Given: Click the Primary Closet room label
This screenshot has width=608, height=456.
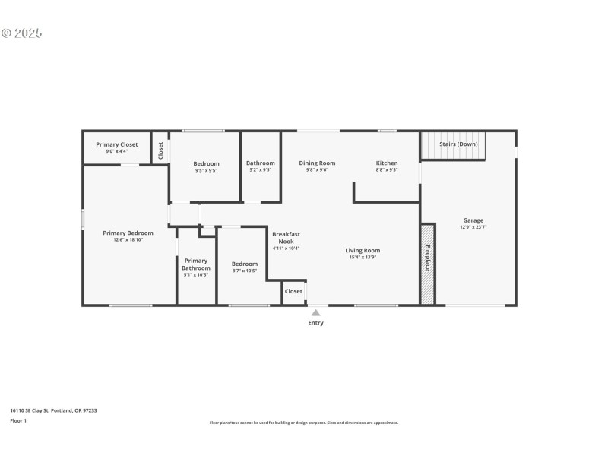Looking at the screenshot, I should coord(116,144).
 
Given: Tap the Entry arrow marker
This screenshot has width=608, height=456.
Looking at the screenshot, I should coord(315,312).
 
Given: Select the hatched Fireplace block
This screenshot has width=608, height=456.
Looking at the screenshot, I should coord(428,264).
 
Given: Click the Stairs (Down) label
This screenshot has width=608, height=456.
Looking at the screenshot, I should coord(458,144).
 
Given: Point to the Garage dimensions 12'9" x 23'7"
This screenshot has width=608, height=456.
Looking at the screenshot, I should coord(473,227).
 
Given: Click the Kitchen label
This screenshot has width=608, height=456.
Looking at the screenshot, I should coord(387,163).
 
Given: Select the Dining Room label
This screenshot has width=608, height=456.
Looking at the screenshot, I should coord(317,163).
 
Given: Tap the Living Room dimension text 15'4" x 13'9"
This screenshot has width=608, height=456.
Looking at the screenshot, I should coord(363,257).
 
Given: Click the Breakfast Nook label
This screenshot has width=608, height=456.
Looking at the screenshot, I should coord(287,237).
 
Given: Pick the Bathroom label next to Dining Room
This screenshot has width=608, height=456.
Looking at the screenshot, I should coord(260,163).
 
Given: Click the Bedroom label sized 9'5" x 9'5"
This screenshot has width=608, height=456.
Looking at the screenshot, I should coord(206,163).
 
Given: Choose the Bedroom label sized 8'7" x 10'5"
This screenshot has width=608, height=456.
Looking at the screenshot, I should coord(245,264).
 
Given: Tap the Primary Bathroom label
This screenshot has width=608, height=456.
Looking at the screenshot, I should coord(196,264).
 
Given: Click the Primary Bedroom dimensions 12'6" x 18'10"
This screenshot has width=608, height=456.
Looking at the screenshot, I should coord(128,239).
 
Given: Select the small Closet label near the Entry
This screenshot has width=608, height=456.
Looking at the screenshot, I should coord(293,291).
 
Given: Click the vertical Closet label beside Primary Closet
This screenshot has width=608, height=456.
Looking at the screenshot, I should coord(160,150).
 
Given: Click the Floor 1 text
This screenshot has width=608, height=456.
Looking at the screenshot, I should coord(18,420).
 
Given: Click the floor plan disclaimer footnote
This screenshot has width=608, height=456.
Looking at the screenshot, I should coord(303,423).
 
